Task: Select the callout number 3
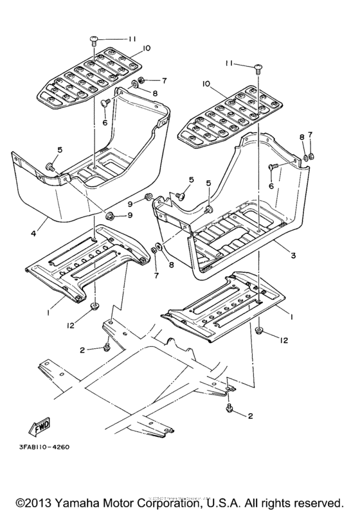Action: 292,256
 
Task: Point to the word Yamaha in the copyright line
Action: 85,500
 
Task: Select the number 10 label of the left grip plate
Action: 147,49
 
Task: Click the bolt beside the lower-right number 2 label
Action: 230,408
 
